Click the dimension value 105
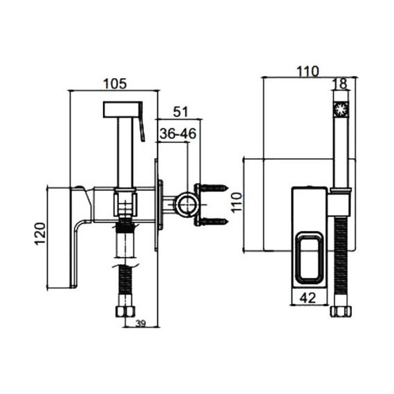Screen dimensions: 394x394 point(115,84)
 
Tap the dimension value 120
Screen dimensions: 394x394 point(40,234)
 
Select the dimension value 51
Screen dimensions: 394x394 point(180,111)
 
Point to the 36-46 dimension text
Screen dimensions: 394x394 point(178,133)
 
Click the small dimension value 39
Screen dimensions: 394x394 point(141,324)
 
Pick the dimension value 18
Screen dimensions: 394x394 point(341,84)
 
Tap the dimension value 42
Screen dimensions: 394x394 point(308,298)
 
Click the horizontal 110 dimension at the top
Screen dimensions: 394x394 point(308,71)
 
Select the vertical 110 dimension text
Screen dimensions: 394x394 point(236,203)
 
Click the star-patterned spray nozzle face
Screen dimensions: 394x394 point(341,109)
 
